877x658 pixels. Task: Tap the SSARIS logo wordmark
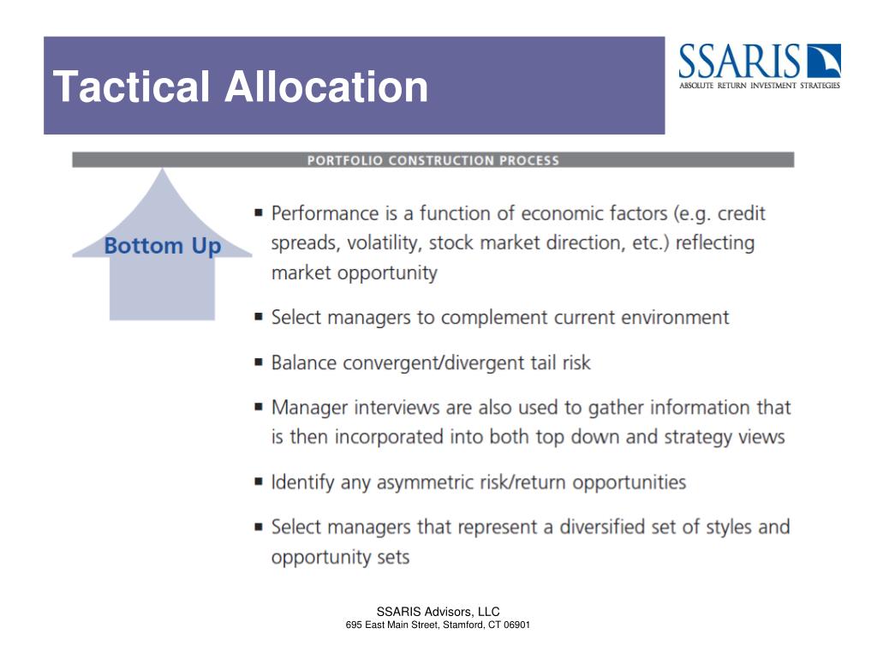pos(741,62)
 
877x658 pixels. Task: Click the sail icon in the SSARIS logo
pos(824,61)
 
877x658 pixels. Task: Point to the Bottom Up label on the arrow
pos(163,247)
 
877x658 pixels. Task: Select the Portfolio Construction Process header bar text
pos(433,160)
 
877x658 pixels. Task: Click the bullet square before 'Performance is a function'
pos(259,212)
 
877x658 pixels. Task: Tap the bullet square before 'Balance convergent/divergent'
pos(259,362)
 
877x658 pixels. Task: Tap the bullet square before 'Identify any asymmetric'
pos(259,482)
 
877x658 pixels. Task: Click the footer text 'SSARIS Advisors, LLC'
pos(438,612)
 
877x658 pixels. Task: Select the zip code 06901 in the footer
pos(516,625)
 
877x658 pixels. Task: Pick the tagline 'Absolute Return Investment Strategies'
pos(760,85)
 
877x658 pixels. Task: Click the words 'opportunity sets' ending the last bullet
pos(340,557)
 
